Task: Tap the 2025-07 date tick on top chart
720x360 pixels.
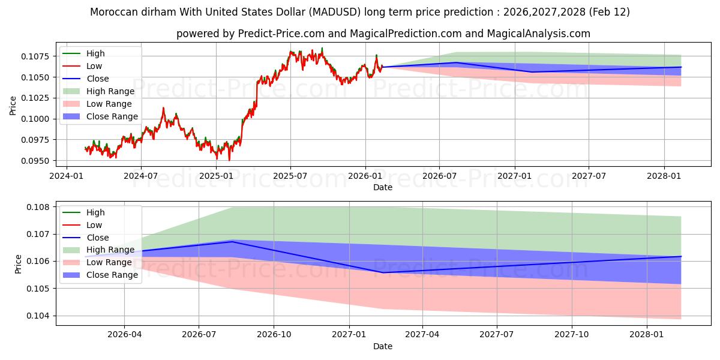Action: [290, 176]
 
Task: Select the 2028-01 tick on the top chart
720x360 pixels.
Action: [664, 176]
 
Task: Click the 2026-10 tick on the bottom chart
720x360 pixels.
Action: [274, 335]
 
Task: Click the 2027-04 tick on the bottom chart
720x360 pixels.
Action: [422, 335]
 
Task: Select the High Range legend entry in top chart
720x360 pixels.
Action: [110, 91]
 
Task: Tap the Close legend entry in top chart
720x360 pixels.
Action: [98, 79]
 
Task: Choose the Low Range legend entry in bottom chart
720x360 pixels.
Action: [109, 262]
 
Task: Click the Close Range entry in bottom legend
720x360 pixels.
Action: [112, 275]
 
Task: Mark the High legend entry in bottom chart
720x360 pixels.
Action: [95, 212]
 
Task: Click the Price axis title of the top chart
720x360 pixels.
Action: [13, 106]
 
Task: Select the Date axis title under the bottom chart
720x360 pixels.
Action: [383, 346]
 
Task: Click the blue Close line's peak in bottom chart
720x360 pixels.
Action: [232, 242]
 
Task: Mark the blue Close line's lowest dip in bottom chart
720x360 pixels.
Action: [383, 272]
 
